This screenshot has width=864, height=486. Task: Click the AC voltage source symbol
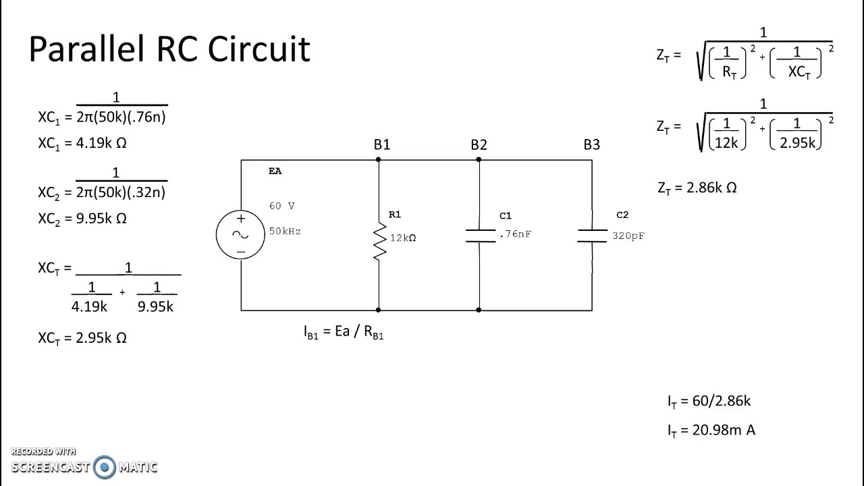240,234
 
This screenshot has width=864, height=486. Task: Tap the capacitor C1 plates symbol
480,236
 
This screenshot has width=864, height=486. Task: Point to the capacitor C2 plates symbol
592,236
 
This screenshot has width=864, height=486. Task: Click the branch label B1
381,144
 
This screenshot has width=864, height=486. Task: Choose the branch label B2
479,144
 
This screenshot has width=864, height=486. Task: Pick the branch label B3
591,144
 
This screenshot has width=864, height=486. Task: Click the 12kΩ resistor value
403,238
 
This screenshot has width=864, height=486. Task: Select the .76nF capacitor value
515,234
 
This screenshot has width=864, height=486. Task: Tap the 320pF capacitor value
628,236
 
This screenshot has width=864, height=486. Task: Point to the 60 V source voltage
281,206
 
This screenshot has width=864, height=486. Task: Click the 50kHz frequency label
285,231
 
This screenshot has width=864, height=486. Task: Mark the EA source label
275,171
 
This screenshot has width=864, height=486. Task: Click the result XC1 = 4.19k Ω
82,143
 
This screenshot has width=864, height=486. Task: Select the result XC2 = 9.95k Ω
82,219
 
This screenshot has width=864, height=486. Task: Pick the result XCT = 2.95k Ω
82,338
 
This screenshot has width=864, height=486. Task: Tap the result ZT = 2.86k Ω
697,188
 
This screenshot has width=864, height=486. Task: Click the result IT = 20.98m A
711,430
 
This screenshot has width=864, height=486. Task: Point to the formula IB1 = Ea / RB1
344,333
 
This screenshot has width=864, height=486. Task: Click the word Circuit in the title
259,49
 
